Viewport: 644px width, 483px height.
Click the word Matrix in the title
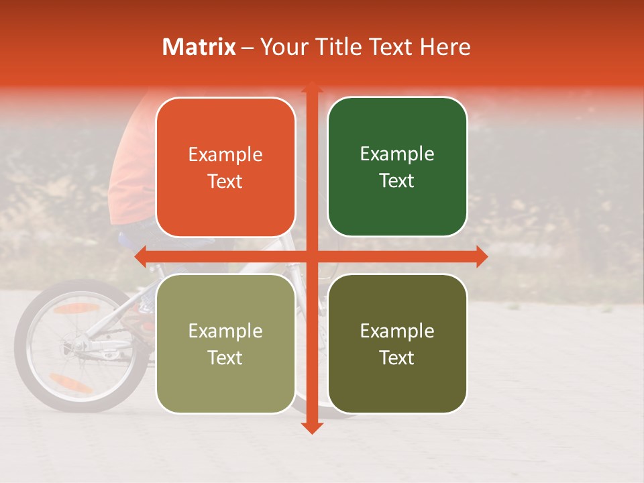pos(199,47)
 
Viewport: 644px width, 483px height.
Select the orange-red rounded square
pos(225,168)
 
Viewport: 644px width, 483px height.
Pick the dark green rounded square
pos(397,167)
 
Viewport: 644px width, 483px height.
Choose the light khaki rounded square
pos(225,343)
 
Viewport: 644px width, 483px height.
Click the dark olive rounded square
pos(397,343)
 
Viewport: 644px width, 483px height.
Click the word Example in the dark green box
pos(397,154)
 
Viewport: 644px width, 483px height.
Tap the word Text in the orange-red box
pos(225,181)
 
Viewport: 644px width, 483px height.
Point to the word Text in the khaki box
pos(225,358)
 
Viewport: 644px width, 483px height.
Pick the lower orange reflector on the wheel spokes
pos(70,383)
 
